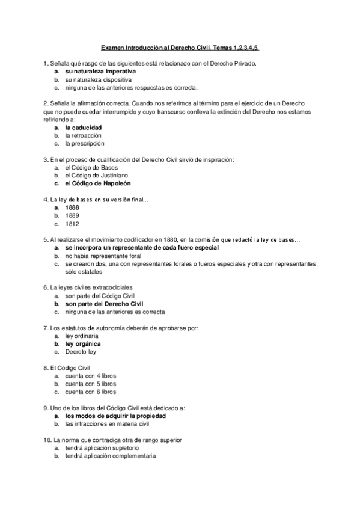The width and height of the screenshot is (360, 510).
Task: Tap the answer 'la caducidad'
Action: click(x=84, y=127)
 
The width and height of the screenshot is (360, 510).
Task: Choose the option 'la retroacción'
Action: click(x=84, y=135)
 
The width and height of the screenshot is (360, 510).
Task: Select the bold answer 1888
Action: click(x=72, y=207)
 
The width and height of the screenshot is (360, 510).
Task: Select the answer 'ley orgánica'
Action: click(x=83, y=344)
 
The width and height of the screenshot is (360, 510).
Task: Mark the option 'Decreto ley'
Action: click(x=81, y=352)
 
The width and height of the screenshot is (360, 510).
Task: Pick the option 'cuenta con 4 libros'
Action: click(x=91, y=376)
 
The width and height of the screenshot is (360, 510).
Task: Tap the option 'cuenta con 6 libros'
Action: click(x=91, y=392)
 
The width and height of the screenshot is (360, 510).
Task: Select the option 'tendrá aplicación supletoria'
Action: click(x=102, y=448)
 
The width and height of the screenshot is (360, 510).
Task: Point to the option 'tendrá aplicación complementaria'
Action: click(x=111, y=456)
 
